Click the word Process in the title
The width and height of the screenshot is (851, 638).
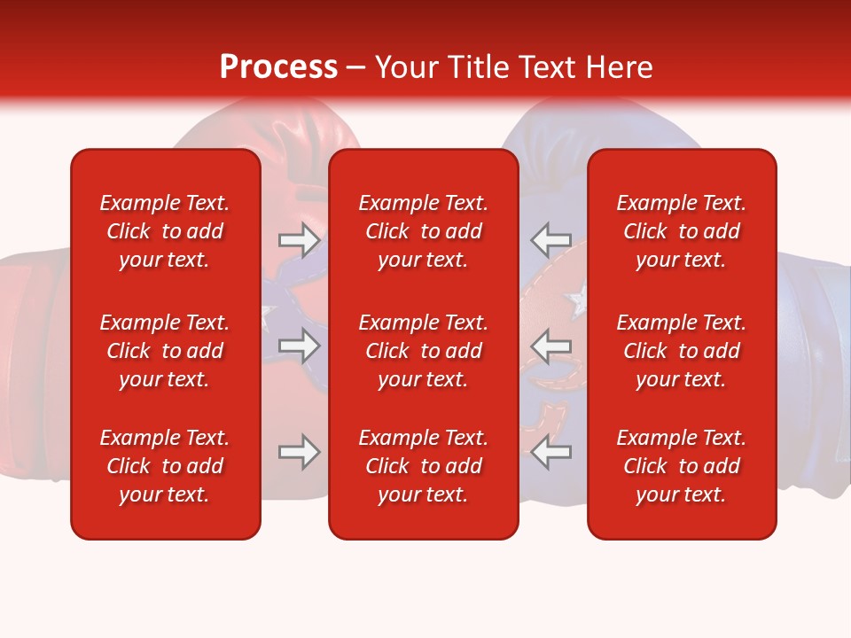(x=278, y=67)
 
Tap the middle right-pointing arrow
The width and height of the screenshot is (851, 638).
(x=299, y=346)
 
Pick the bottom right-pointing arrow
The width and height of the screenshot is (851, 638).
(x=299, y=452)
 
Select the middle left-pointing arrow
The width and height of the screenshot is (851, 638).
(x=550, y=346)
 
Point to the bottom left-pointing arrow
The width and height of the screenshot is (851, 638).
(x=550, y=453)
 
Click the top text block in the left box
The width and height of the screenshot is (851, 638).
(x=165, y=231)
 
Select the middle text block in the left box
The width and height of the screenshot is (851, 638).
(x=165, y=351)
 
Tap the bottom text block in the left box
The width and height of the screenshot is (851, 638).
(x=165, y=466)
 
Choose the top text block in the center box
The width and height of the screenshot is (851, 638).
(x=424, y=231)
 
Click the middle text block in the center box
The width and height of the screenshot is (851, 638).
(x=424, y=351)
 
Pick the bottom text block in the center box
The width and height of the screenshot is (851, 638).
(x=424, y=466)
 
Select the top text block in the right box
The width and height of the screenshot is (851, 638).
(x=682, y=231)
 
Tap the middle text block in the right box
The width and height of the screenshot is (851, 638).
(x=682, y=351)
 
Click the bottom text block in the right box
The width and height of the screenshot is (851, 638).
(x=682, y=466)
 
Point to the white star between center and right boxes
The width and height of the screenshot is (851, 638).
(x=577, y=301)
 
